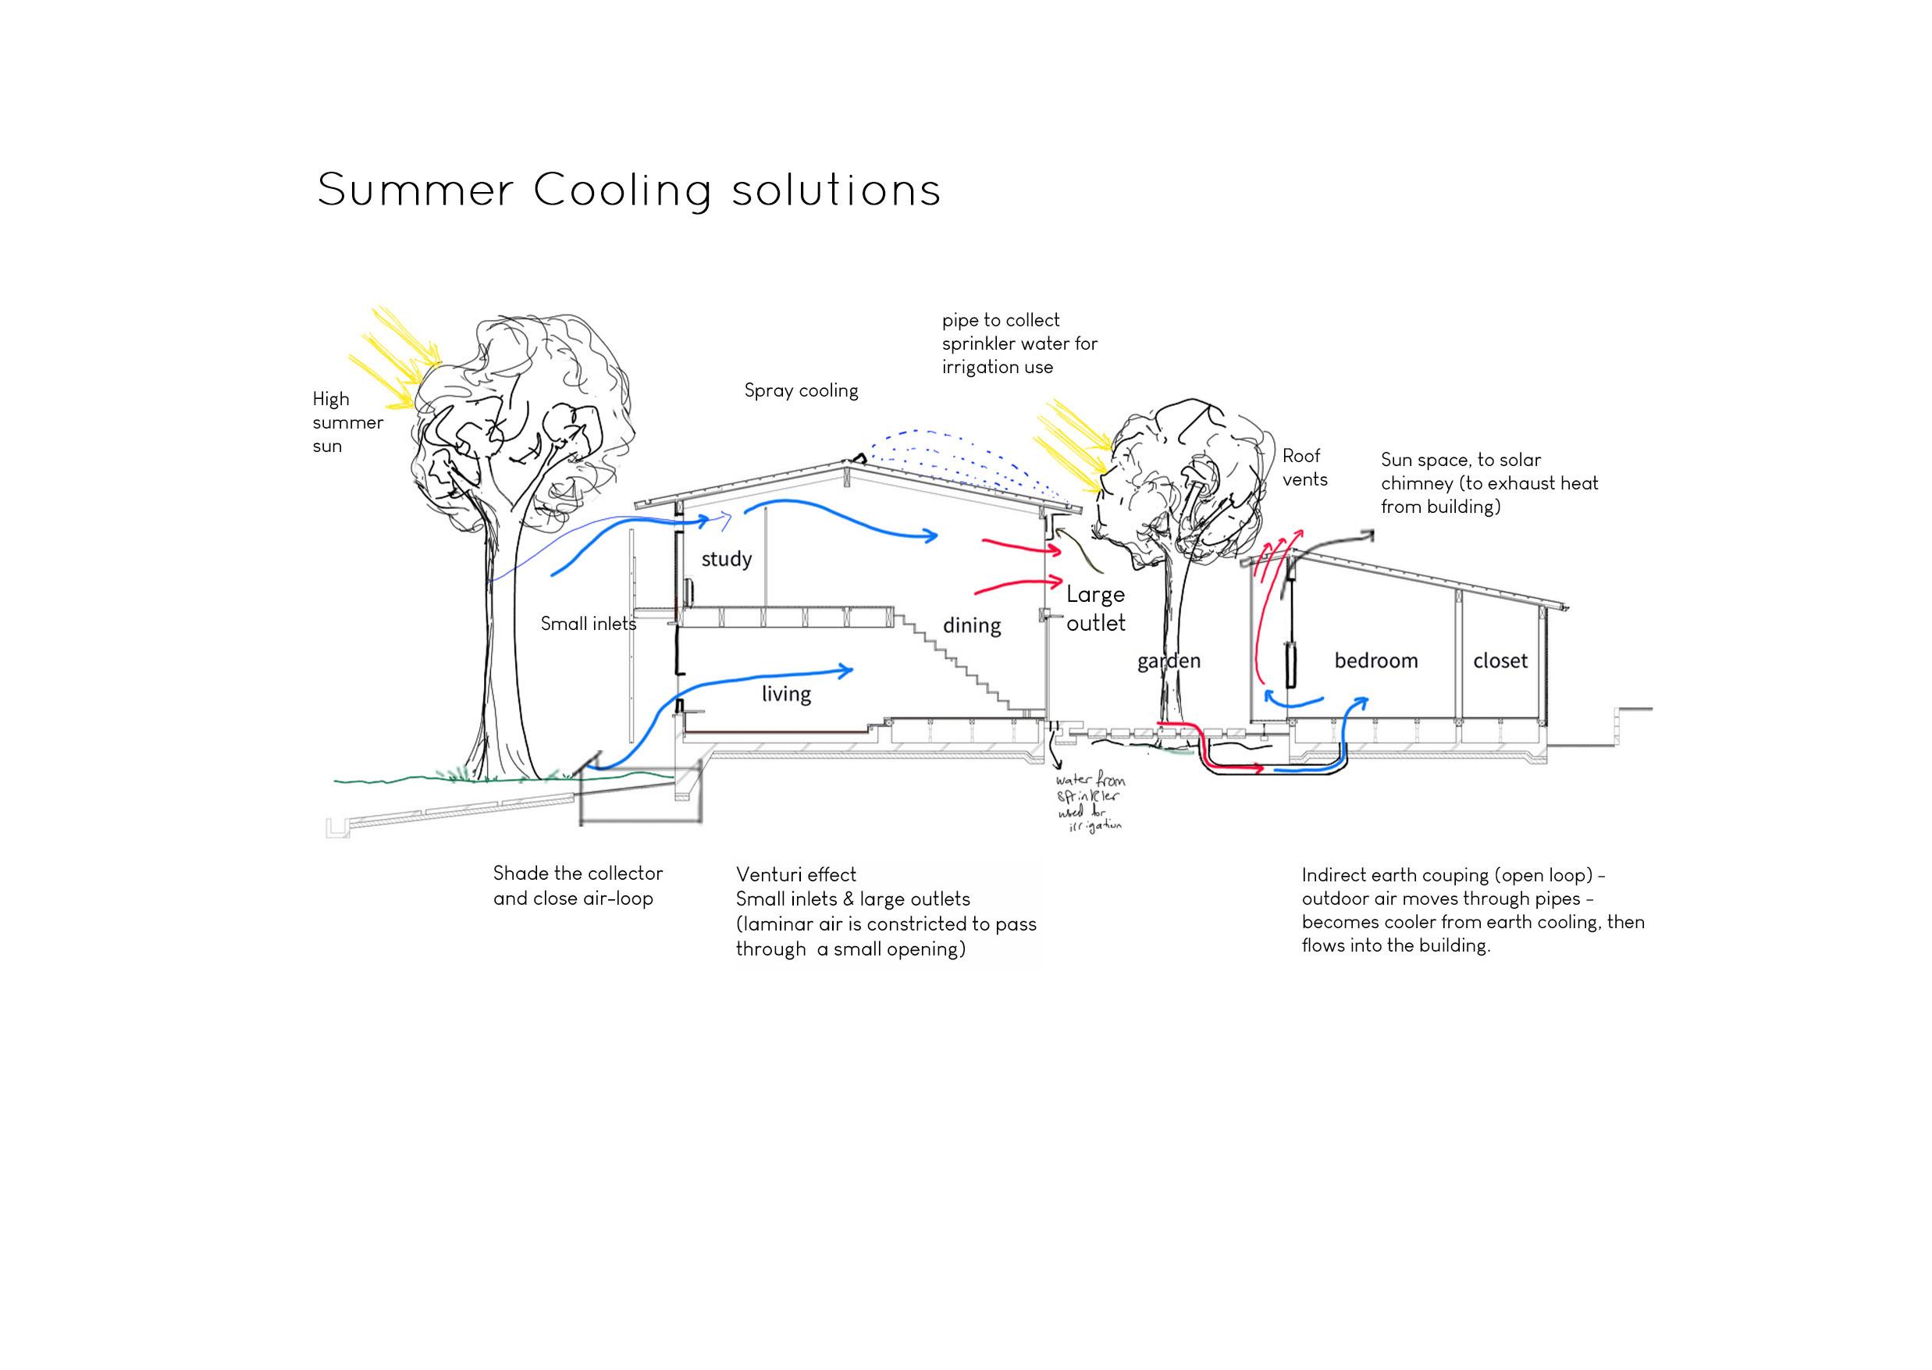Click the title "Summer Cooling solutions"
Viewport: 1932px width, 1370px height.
click(x=628, y=190)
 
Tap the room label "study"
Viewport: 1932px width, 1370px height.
click(x=725, y=559)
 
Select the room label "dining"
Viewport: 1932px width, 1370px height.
click(x=971, y=625)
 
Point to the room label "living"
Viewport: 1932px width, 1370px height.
click(x=785, y=693)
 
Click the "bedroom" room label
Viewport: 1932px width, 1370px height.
click(x=1375, y=660)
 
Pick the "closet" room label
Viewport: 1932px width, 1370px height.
click(x=1500, y=660)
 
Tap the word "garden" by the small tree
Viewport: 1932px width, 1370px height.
click(x=1169, y=660)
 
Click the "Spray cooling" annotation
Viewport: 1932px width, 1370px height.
click(x=801, y=390)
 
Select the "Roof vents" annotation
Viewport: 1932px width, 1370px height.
click(x=1304, y=468)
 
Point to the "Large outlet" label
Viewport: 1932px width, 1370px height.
click(x=1095, y=608)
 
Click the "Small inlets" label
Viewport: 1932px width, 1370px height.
click(x=588, y=625)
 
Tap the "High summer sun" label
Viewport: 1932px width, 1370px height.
click(x=347, y=422)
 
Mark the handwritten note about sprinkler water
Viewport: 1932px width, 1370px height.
click(x=1090, y=804)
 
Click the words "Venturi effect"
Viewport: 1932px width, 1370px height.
click(x=795, y=875)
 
